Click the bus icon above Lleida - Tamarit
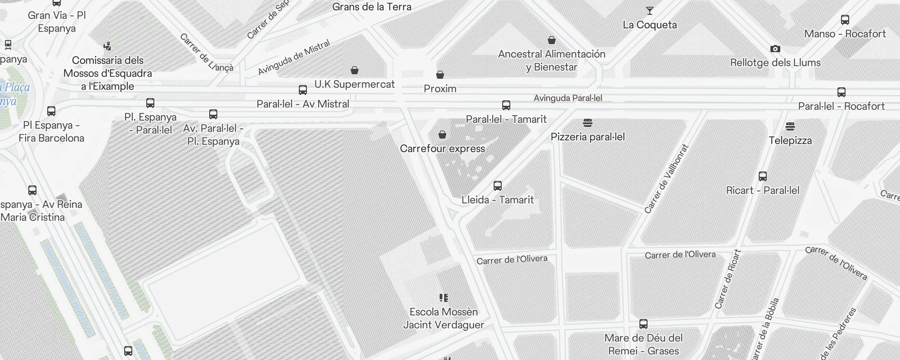point(497,186)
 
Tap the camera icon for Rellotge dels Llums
point(775,49)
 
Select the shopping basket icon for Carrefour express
point(442,135)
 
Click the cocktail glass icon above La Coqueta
point(649,11)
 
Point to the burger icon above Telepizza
point(790,126)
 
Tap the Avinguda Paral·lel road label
point(567,98)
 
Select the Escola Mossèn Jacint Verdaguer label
point(443,318)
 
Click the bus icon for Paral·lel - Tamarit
point(506,105)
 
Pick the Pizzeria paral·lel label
point(587,137)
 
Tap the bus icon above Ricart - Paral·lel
point(762,176)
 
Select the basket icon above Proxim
point(440,75)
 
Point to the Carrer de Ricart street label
point(728,279)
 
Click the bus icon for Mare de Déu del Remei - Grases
point(643,324)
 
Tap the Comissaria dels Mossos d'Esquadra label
point(108,73)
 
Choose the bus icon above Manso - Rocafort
point(845,20)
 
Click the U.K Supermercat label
point(354,84)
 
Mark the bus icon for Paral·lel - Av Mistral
point(303,90)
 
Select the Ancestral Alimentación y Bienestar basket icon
point(551,40)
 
